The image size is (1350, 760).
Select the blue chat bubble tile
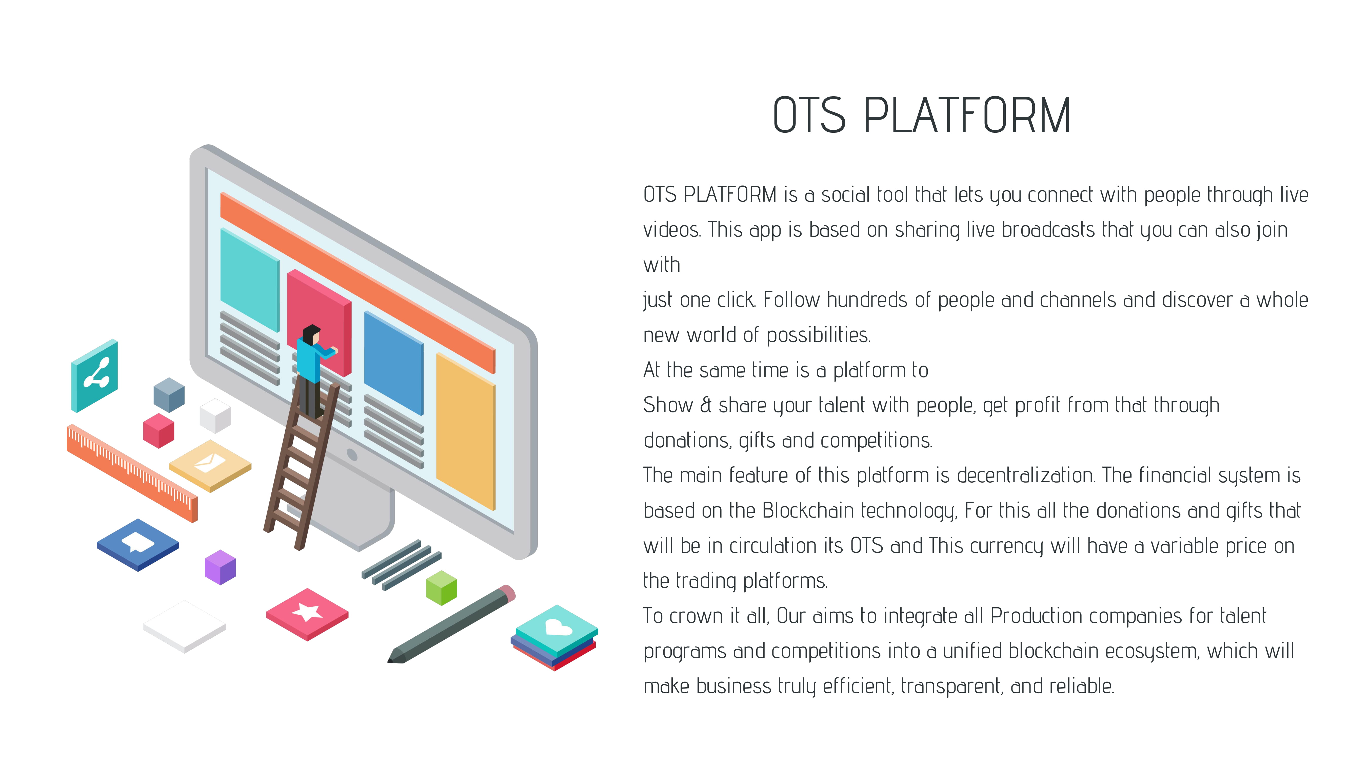tap(138, 544)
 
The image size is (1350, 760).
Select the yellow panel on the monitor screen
tap(465, 431)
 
